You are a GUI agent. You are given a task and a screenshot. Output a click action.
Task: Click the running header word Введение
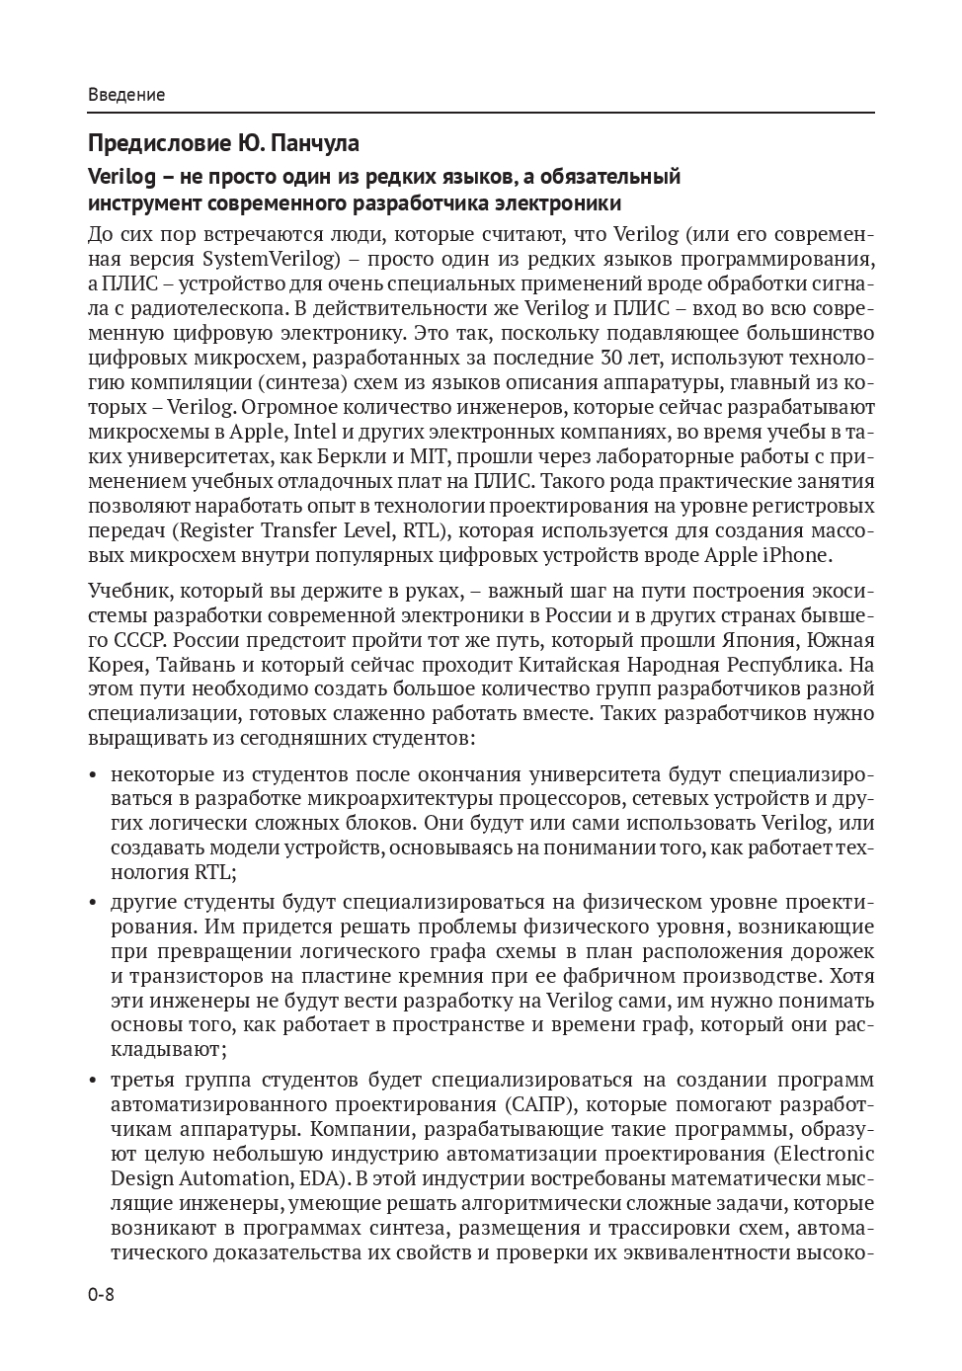point(126,95)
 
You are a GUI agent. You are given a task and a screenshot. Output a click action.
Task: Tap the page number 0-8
point(102,1295)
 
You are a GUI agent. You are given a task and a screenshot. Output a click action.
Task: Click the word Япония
point(761,640)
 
